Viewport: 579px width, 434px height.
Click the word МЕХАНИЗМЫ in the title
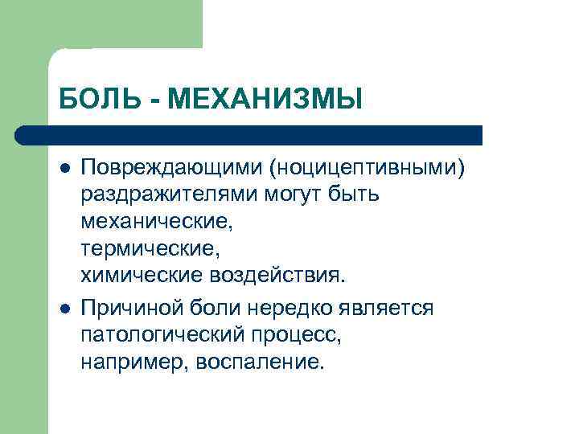267,100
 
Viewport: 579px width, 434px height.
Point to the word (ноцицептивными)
368,168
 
